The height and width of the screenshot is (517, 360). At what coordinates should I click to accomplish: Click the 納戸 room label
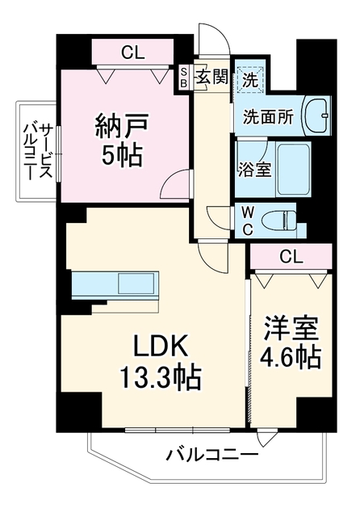click(122, 127)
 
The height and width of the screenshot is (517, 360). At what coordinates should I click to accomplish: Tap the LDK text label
click(160, 346)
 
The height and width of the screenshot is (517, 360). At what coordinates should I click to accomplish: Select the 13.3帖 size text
click(160, 377)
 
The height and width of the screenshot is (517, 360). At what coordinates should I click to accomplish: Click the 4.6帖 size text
click(291, 357)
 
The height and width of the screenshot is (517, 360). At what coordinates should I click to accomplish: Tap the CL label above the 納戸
click(132, 52)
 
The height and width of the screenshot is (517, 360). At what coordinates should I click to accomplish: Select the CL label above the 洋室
click(291, 257)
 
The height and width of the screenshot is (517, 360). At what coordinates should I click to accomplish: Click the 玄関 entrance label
click(212, 78)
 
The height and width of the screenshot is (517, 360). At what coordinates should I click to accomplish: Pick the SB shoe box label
click(184, 78)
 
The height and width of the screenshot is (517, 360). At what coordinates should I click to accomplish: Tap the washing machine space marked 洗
click(249, 79)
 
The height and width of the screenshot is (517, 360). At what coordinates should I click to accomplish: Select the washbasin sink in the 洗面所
click(316, 116)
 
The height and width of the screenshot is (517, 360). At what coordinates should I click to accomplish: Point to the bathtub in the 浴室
click(294, 169)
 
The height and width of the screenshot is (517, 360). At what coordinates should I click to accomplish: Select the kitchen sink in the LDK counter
click(136, 284)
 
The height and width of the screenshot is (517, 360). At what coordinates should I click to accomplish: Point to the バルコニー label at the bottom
click(211, 456)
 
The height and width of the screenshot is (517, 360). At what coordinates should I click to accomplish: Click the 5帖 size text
click(122, 156)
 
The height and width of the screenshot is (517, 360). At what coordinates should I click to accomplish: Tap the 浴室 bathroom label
click(256, 170)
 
